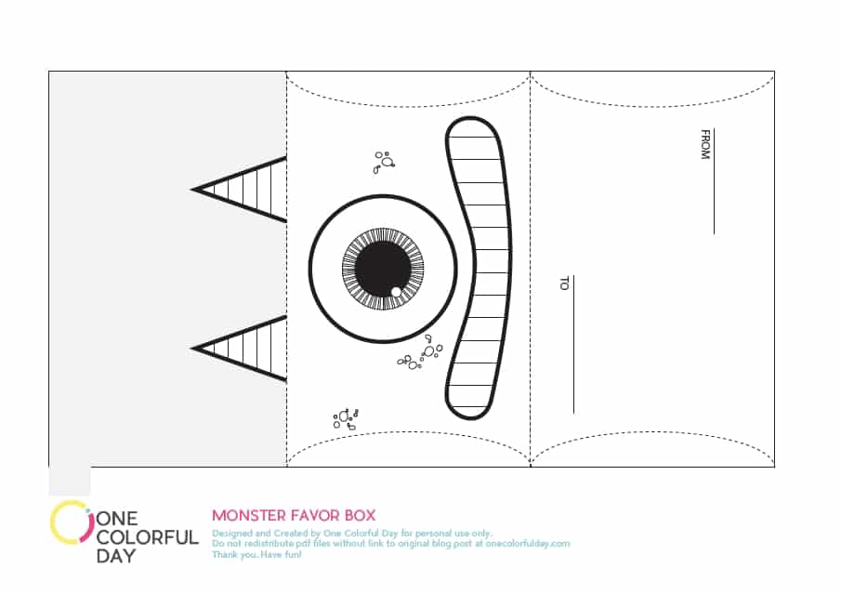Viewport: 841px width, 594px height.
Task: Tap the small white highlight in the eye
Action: point(397,291)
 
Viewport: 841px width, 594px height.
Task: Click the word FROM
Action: point(705,144)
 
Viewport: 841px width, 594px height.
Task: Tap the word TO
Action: point(564,284)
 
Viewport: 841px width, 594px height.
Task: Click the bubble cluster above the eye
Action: point(384,162)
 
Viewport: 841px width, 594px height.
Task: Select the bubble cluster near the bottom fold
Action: point(346,419)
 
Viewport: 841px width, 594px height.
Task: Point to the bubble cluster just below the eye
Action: point(420,353)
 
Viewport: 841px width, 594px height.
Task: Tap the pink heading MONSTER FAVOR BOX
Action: point(294,516)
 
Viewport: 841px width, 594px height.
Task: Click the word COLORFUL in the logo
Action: point(148,537)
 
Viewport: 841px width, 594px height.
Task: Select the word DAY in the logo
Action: point(116,556)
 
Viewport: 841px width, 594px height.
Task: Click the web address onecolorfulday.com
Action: point(528,544)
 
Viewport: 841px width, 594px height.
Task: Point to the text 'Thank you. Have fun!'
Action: point(256,554)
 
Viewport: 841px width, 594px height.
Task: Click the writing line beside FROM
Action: point(714,181)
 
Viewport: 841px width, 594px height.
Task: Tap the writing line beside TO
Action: point(574,345)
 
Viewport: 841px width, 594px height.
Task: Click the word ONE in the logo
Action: point(117,519)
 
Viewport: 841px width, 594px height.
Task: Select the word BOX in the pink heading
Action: point(360,516)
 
